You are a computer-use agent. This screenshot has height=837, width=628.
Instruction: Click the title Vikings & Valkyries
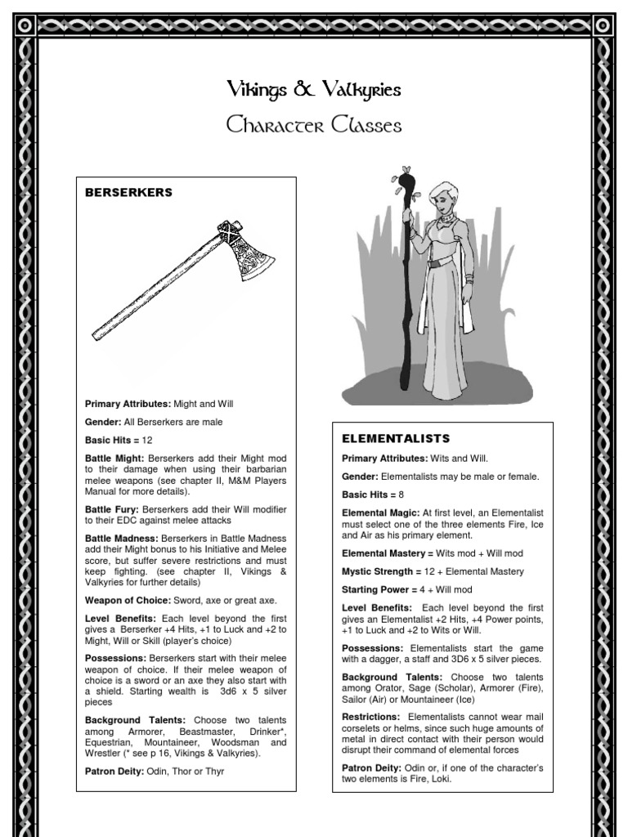[x=314, y=90]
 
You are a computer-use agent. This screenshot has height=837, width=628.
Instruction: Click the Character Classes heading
[x=314, y=126]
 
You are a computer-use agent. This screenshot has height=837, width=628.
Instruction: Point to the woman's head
[x=442, y=197]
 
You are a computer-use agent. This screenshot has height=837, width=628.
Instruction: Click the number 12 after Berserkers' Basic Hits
[x=148, y=440]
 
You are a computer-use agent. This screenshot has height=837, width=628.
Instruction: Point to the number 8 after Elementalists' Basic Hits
[x=401, y=495]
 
